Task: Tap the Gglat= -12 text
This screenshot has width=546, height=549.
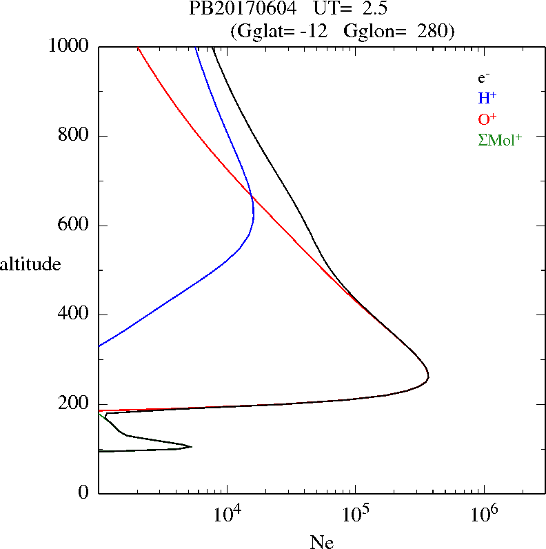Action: coord(283,31)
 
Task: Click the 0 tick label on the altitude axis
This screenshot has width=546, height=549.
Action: coord(84,493)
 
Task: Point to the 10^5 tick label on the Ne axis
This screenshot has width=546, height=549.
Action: coord(356,513)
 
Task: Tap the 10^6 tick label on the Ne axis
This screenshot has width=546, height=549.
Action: coord(485,513)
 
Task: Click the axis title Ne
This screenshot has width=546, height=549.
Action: coord(322,542)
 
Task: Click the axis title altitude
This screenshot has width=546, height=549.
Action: coord(30,263)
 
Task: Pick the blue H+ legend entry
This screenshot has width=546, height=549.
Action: coord(487,99)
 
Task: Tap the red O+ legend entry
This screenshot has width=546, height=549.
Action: coord(487,119)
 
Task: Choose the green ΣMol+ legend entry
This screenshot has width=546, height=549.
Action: coord(500,140)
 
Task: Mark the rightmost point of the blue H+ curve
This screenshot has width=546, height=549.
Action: coord(254,217)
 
